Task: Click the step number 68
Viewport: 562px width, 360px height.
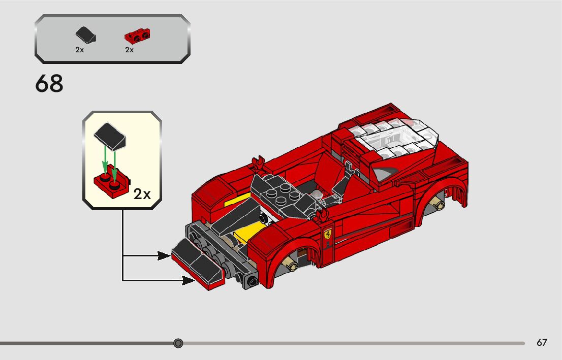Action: click(49, 84)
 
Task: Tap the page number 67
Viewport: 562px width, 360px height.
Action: click(542, 343)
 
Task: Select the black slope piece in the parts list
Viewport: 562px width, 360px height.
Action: click(84, 36)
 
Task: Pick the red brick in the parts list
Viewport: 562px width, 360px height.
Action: click(137, 36)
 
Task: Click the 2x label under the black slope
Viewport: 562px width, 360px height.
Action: click(79, 50)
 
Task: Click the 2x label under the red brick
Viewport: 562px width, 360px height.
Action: click(129, 50)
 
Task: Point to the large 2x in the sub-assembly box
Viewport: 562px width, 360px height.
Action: click(142, 193)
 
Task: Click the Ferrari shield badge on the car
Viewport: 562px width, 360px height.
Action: click(328, 235)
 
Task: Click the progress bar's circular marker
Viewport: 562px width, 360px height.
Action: click(178, 343)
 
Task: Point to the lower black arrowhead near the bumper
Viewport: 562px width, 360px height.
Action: click(189, 279)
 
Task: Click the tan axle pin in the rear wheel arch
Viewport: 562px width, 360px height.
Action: click(436, 204)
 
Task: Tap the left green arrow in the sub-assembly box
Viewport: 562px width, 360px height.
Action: click(105, 161)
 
